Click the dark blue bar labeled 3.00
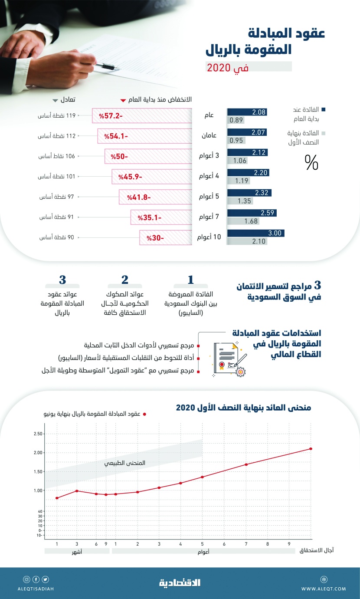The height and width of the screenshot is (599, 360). click(x=255, y=233)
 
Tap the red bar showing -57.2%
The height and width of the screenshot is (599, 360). click(x=142, y=116)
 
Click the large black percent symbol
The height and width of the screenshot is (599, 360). click(x=311, y=163)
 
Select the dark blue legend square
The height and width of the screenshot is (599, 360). click(x=324, y=110)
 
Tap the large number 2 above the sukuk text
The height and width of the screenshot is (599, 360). click(x=124, y=280)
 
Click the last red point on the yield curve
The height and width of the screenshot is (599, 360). click(x=311, y=449)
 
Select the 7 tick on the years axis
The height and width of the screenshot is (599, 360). click(x=246, y=543)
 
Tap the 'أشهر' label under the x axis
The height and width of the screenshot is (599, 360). click(x=76, y=551)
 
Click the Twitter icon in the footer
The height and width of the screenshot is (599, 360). click(x=45, y=579)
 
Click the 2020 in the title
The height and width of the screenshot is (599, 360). click(x=219, y=67)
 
